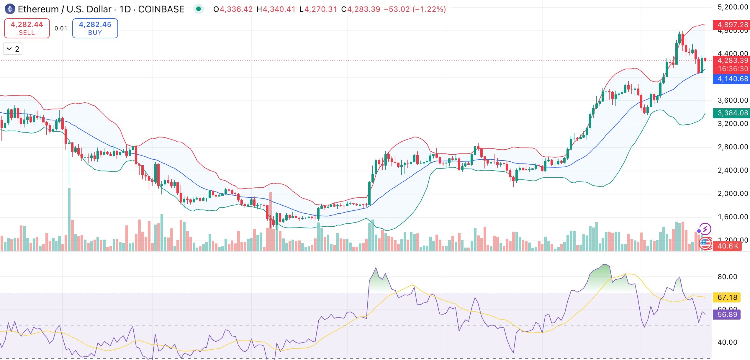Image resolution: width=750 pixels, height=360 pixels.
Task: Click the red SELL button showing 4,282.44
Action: (x=27, y=28)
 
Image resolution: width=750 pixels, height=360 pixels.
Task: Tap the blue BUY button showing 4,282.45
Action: (x=95, y=28)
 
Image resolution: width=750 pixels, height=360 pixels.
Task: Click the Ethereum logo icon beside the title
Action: (x=10, y=9)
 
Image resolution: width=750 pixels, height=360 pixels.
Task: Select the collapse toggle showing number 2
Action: (x=13, y=49)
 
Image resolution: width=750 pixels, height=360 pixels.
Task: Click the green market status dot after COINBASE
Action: (x=199, y=9)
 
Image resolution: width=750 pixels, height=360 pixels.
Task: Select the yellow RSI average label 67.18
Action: (x=727, y=297)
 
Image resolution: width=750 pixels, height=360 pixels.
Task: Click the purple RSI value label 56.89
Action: (x=727, y=314)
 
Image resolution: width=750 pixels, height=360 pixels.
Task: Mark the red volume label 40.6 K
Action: (x=728, y=246)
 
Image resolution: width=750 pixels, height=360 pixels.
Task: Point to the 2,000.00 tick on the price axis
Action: (x=733, y=194)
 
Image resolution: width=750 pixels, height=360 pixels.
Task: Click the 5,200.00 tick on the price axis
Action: (x=733, y=7)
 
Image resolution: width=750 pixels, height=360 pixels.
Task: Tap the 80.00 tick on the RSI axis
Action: (x=727, y=277)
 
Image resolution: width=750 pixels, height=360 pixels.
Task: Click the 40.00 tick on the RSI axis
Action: (x=727, y=342)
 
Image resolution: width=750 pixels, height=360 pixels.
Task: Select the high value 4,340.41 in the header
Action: (x=279, y=9)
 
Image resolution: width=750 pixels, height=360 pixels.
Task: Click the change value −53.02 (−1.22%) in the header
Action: (x=415, y=9)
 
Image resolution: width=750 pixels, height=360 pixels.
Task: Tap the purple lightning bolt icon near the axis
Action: (x=705, y=229)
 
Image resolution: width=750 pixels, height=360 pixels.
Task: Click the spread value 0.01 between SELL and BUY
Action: (x=61, y=28)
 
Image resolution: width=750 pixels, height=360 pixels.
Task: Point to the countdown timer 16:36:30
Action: (x=733, y=69)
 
